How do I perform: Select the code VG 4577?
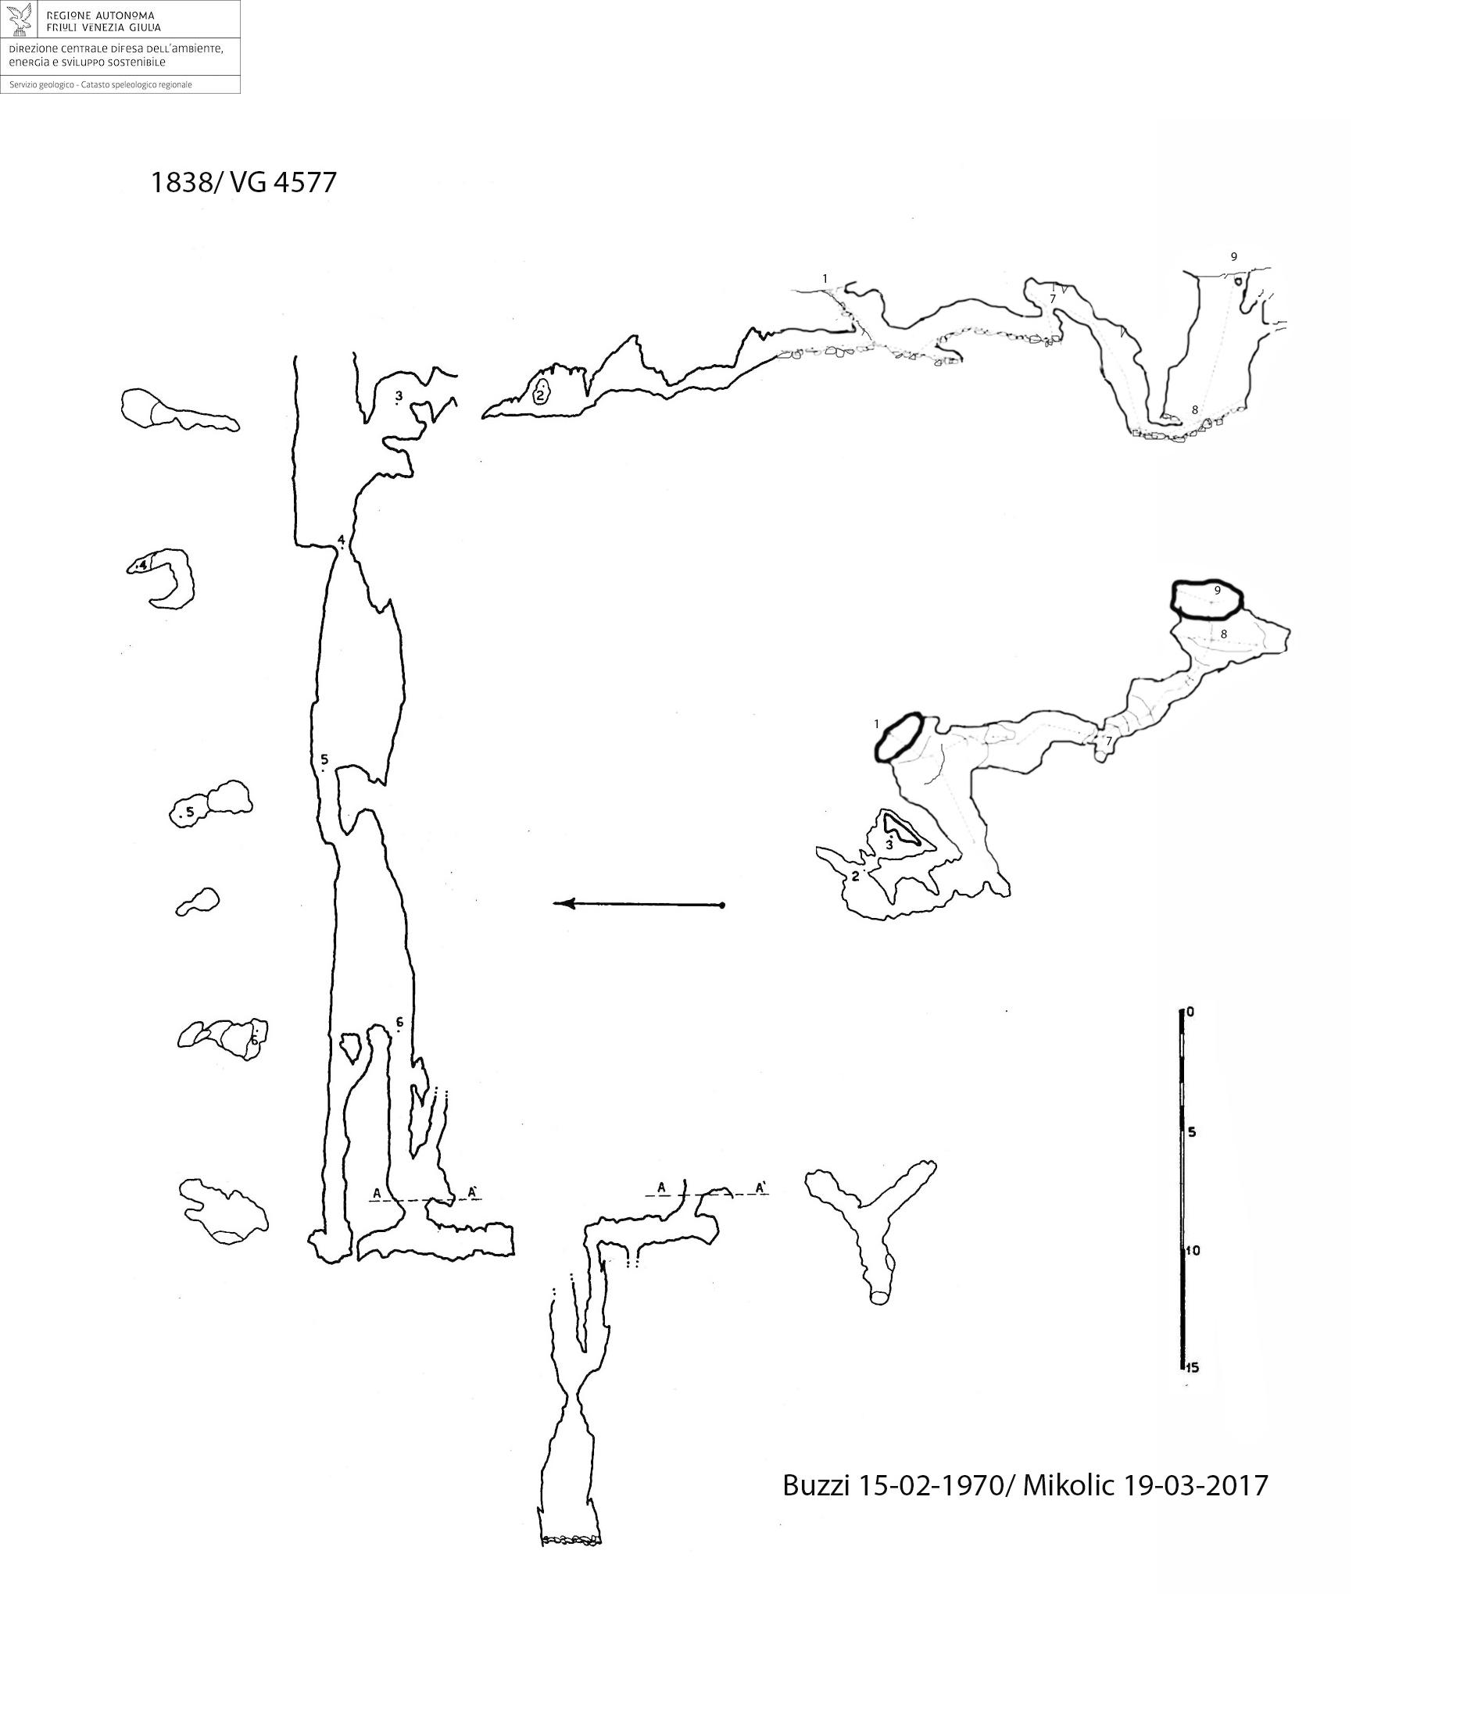click(x=284, y=183)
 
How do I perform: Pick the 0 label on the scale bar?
click(x=1190, y=1012)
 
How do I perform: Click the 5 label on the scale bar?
click(x=1192, y=1132)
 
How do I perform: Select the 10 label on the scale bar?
click(x=1193, y=1250)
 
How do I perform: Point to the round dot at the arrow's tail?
click(x=722, y=906)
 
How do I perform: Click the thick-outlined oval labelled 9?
click(x=1208, y=600)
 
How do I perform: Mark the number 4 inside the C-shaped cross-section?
click(x=143, y=565)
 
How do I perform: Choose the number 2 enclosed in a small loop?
click(x=540, y=396)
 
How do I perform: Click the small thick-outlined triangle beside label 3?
click(x=900, y=828)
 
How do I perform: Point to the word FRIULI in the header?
click(x=66, y=27)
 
